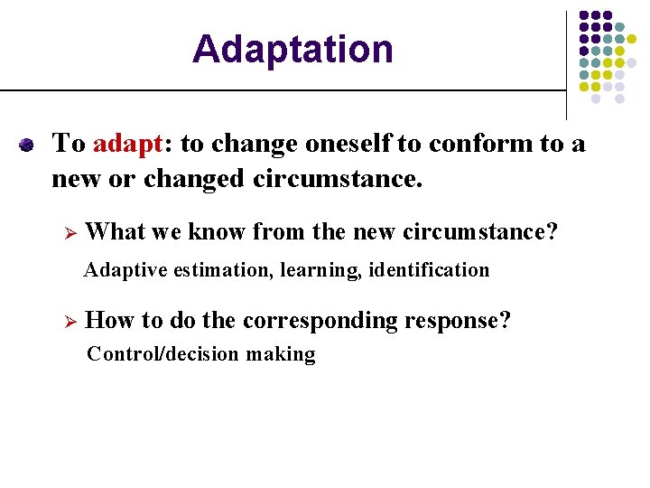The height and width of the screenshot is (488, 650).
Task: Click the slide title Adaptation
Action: tap(292, 49)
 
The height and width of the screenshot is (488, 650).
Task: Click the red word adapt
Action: tap(126, 144)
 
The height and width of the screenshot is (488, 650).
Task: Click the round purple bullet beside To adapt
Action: tap(27, 145)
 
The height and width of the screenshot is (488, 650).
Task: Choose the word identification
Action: tap(430, 270)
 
